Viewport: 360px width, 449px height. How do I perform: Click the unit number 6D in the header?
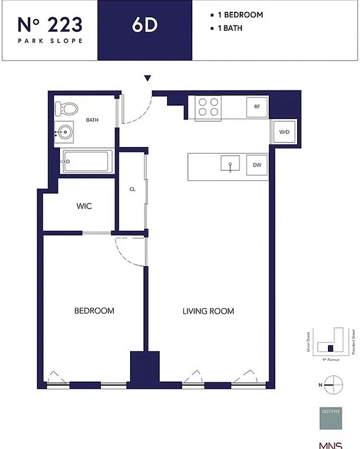point(145,27)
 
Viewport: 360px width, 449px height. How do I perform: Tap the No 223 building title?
point(50,25)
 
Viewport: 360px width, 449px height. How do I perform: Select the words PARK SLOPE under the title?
point(50,41)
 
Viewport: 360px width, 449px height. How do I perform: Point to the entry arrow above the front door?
point(147,79)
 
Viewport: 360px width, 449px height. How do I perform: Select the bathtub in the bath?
point(87,162)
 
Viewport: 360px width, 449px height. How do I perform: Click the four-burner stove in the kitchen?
point(208,107)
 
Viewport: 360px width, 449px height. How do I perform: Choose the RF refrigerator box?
point(257,106)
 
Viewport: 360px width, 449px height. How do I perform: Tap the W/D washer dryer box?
point(284,132)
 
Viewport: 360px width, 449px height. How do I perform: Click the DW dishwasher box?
point(257,165)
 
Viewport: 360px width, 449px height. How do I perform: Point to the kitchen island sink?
point(230,165)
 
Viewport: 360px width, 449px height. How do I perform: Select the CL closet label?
point(133,189)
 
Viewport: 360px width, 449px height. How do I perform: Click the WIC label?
point(84,206)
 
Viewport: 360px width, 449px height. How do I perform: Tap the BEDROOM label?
point(95,310)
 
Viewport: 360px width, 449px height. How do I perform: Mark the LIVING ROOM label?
point(208,310)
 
